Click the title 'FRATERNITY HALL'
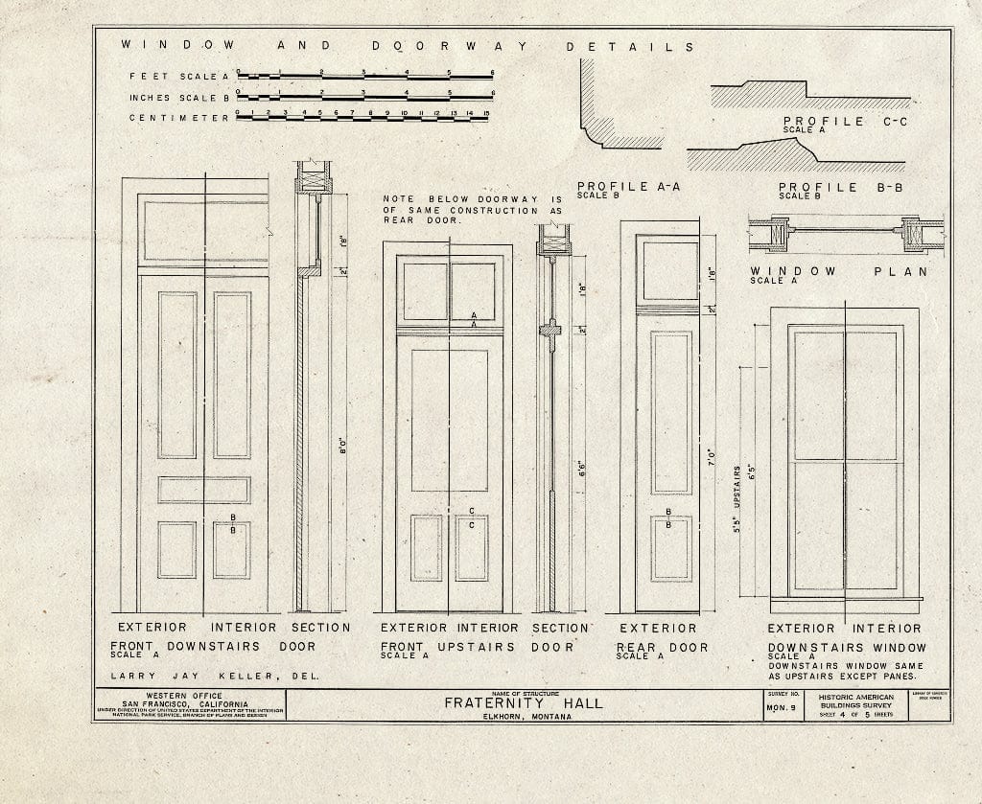click(523, 703)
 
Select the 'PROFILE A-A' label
click(628, 187)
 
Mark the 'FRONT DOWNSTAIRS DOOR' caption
click(218, 647)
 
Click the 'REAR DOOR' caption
click(662, 648)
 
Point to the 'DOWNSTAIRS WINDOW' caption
click(844, 648)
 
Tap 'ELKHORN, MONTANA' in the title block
click(523, 716)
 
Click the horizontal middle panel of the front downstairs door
click(203, 490)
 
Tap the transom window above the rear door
click(669, 271)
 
